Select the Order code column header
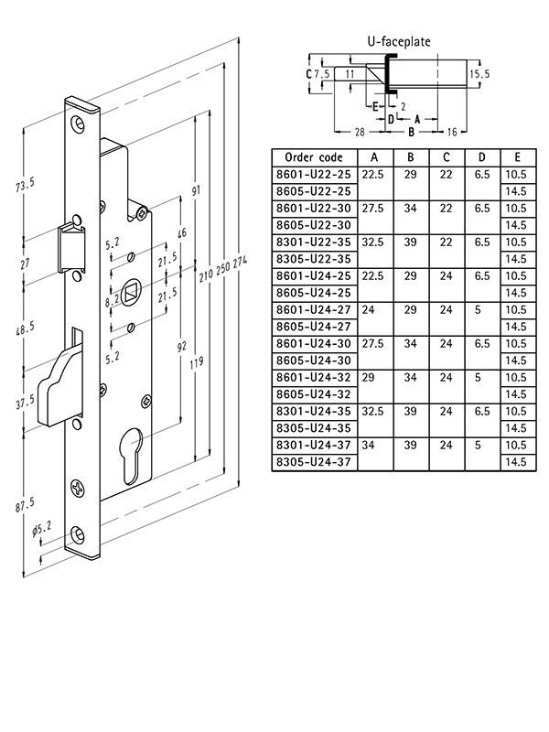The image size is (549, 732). pos(314,156)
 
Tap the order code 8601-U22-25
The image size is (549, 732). pos(314,174)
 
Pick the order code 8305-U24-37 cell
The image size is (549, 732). pos(314,462)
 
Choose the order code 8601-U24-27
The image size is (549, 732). pos(314,310)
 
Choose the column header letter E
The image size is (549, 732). pos(518,156)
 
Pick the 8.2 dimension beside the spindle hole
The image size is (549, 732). pos(113,300)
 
